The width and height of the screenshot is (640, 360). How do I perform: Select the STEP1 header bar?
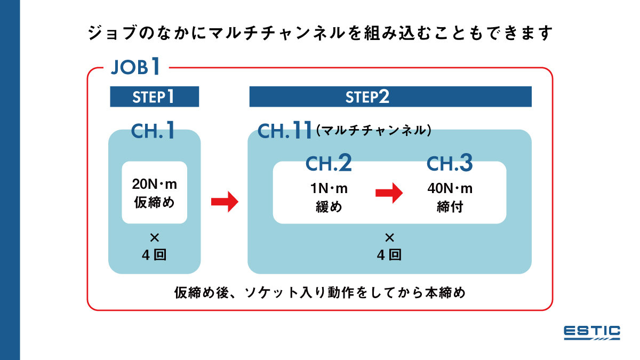(x=154, y=97)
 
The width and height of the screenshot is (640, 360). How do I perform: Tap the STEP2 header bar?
(x=390, y=97)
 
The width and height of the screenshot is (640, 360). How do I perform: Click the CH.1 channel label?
(x=154, y=131)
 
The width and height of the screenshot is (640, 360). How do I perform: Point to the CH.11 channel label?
(x=284, y=131)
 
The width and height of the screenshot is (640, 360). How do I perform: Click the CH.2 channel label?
(x=329, y=164)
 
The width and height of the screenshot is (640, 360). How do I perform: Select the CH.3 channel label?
(x=450, y=164)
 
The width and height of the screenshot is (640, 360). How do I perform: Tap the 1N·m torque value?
(x=329, y=189)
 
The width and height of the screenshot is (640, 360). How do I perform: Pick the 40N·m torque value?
(x=450, y=189)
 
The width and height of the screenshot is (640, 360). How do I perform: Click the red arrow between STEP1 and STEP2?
(x=225, y=202)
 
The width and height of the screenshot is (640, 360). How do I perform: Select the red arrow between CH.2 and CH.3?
(x=388, y=193)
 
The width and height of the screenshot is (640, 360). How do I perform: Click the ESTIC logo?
(x=591, y=332)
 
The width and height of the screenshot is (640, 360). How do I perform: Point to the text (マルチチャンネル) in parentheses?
(x=373, y=130)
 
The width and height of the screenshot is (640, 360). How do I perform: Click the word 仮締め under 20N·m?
(x=154, y=203)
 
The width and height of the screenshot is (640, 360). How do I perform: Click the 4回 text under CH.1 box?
(x=154, y=255)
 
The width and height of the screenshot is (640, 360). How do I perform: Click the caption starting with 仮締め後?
(x=320, y=292)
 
